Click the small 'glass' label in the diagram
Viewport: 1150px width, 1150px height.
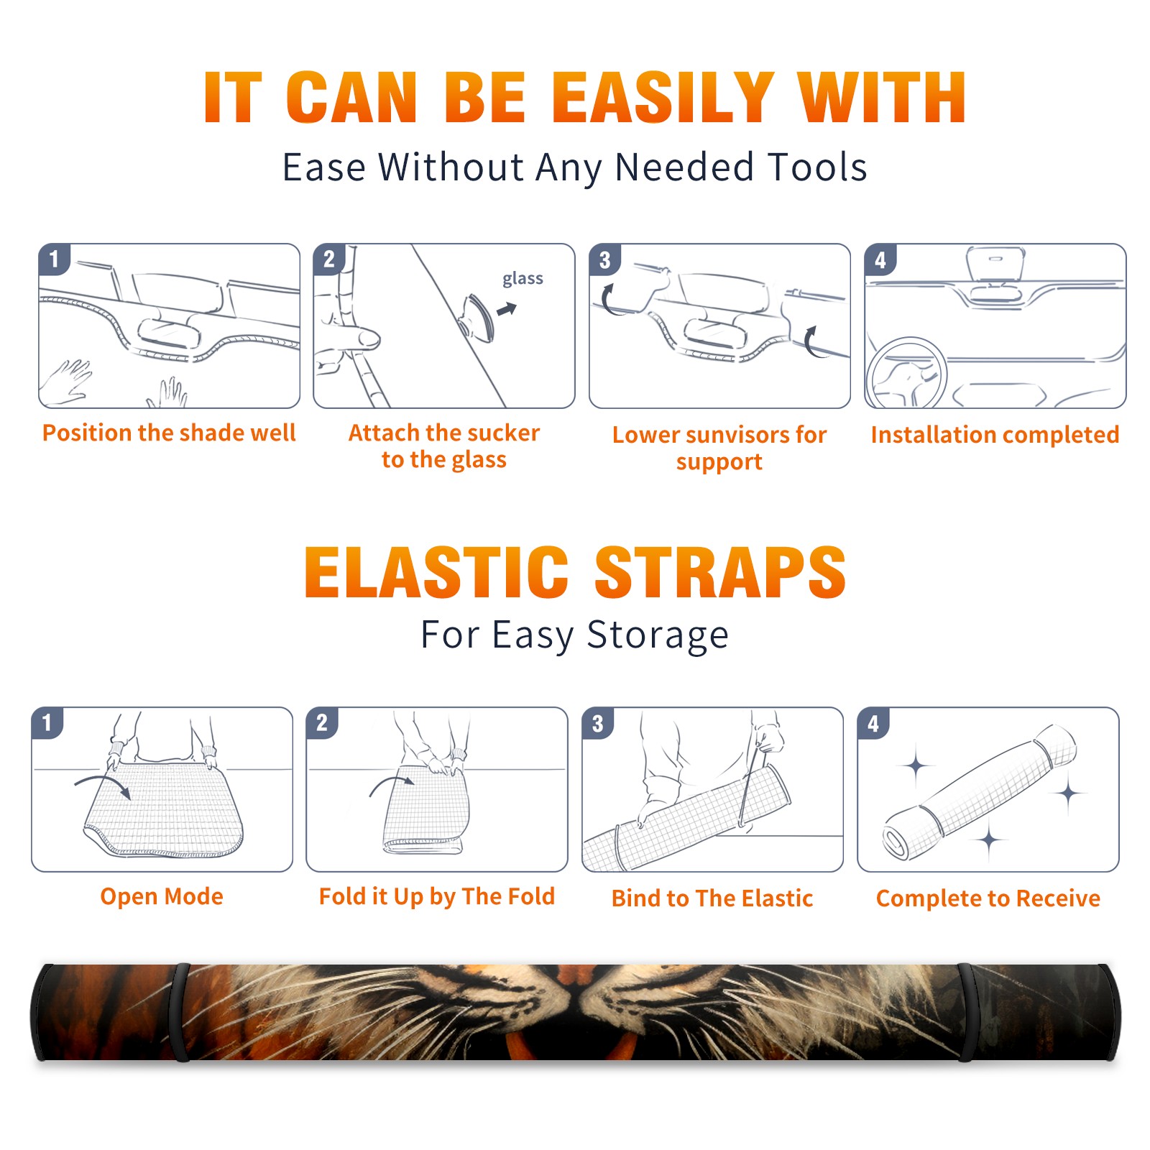click(x=523, y=278)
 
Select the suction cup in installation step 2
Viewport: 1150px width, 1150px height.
click(x=477, y=317)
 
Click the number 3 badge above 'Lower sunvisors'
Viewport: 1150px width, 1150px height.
click(x=604, y=259)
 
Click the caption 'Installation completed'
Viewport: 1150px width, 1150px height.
click(x=995, y=434)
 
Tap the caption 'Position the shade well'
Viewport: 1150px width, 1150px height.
click(x=169, y=433)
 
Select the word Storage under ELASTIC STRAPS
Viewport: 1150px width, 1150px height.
click(x=658, y=635)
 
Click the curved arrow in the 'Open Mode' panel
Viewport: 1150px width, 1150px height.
click(x=103, y=783)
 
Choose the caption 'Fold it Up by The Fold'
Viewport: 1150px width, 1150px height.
click(x=437, y=896)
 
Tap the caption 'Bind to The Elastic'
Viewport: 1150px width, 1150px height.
click(x=712, y=898)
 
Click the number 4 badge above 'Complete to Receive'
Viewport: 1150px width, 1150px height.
click(x=873, y=723)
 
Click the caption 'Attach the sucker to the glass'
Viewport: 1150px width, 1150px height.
click(x=444, y=446)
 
